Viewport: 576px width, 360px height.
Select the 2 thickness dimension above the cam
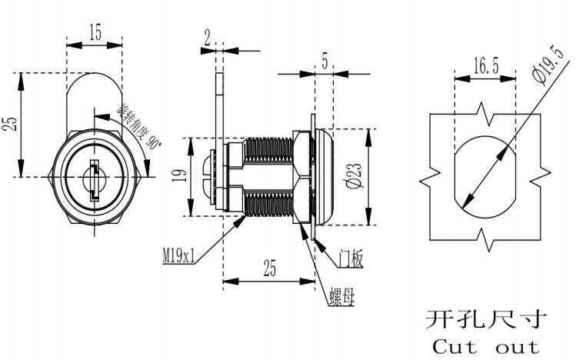tap(208, 35)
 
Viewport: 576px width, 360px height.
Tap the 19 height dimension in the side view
tap(179, 177)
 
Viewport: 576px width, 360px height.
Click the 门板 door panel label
tap(351, 258)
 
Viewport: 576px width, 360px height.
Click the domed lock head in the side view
tap(324, 177)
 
